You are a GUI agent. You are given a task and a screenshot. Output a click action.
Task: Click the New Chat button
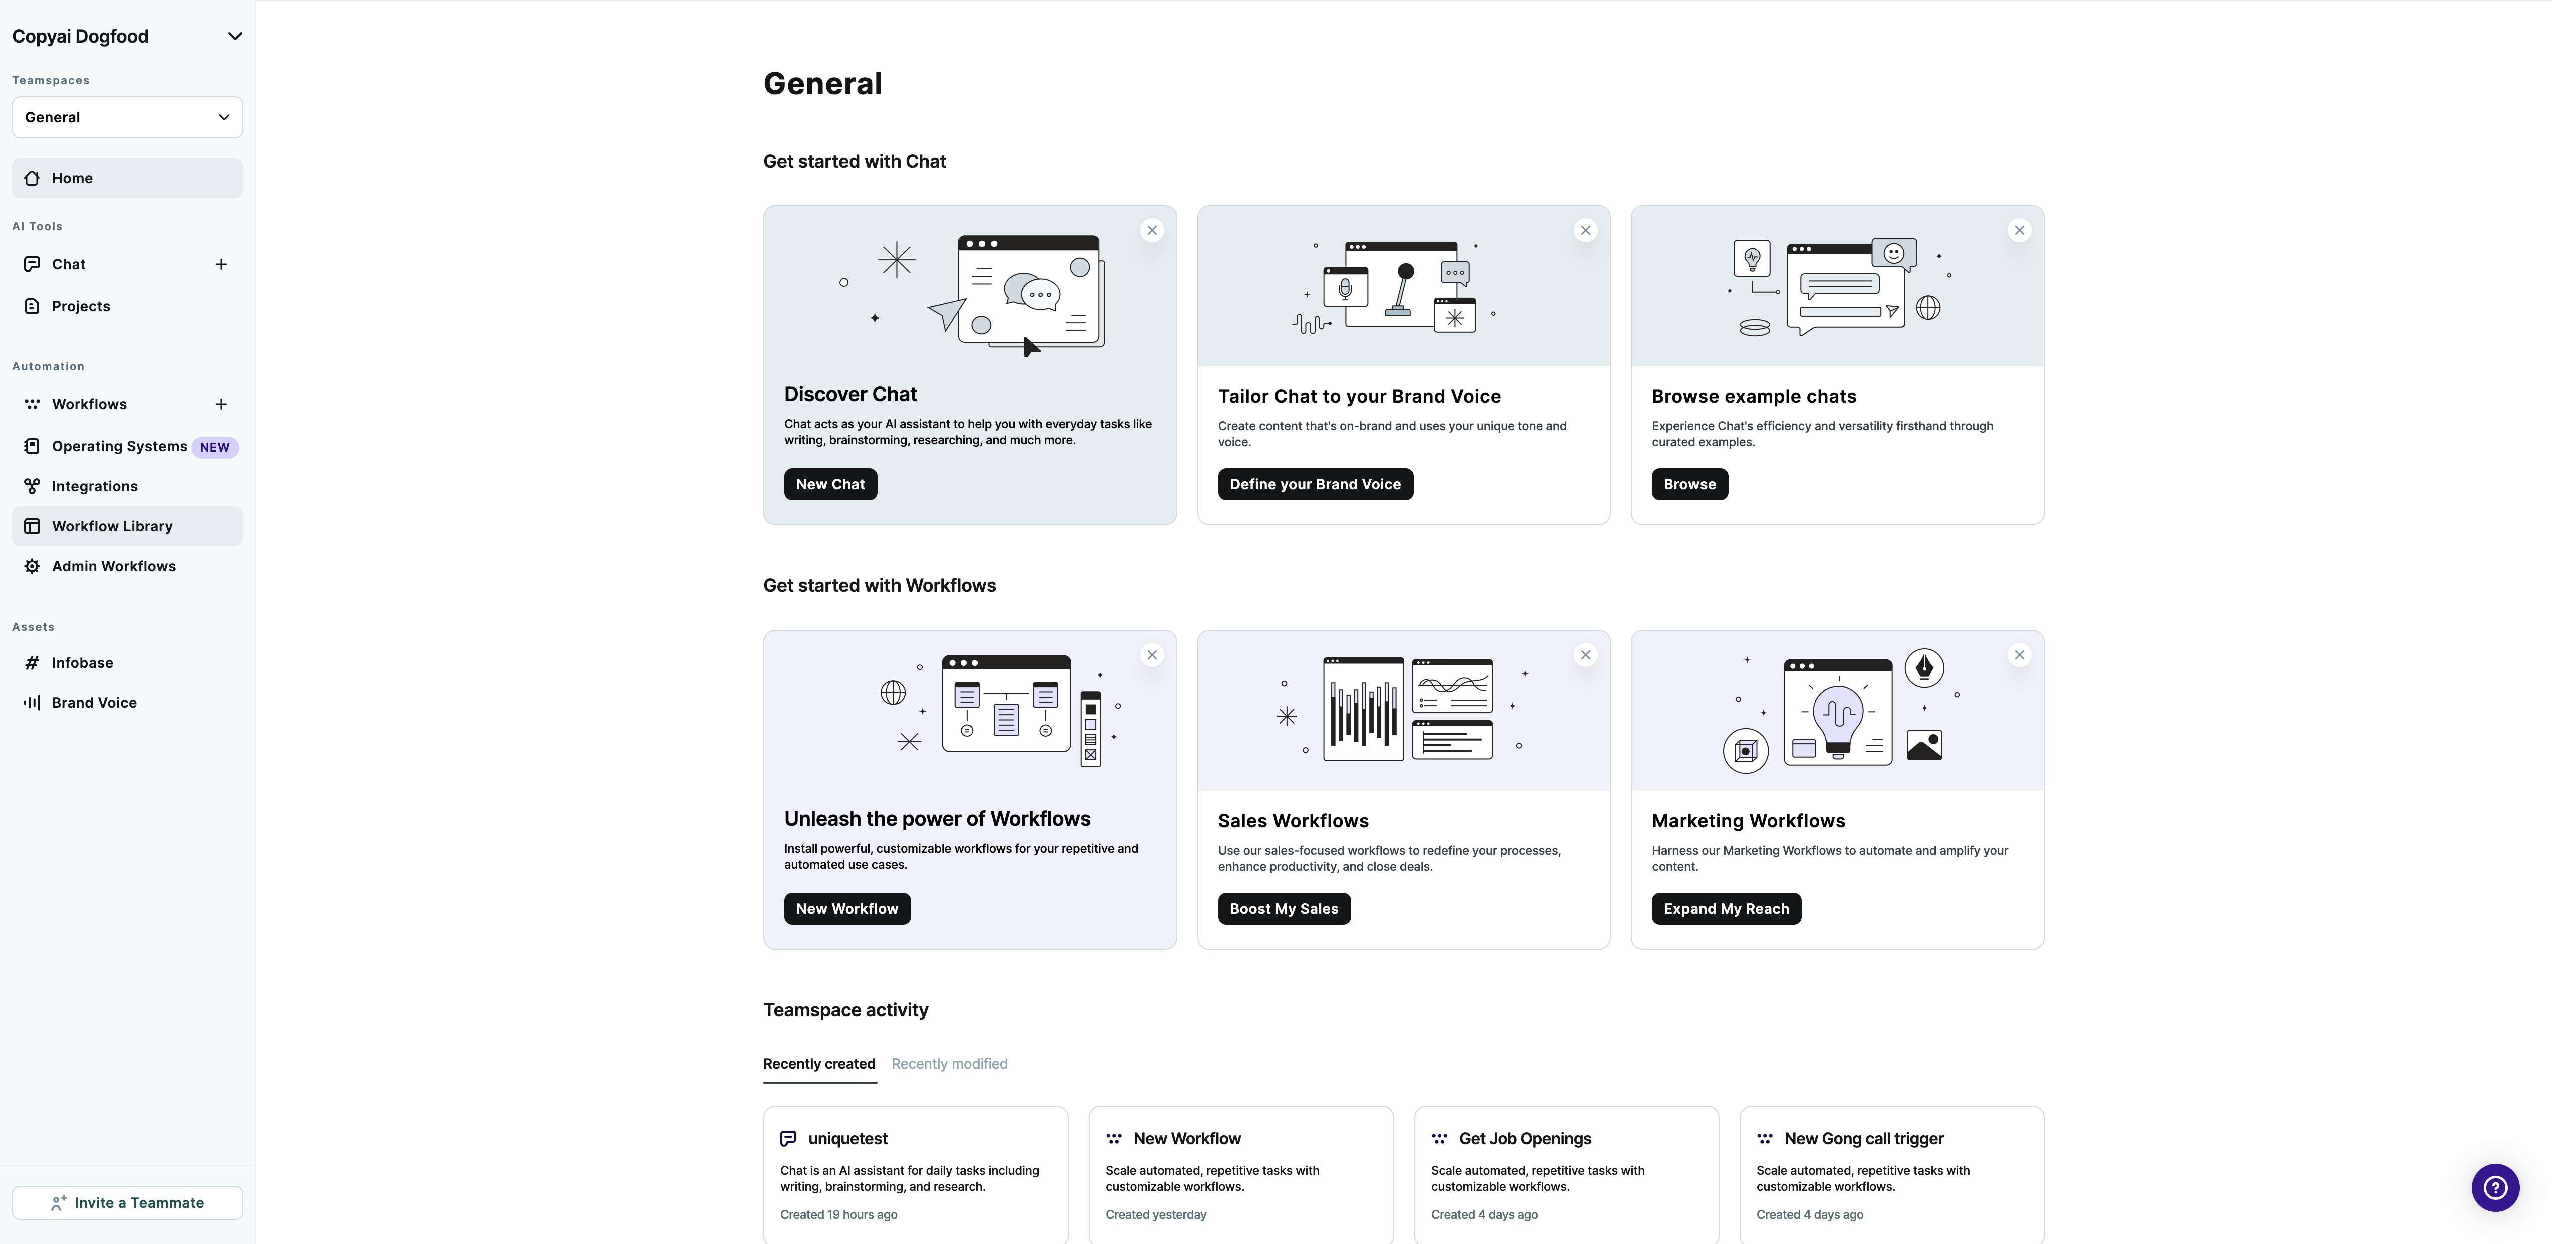[830, 484]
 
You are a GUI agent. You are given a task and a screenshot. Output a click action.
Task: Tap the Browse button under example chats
[1689, 484]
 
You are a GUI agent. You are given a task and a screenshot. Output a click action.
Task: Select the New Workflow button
[847, 908]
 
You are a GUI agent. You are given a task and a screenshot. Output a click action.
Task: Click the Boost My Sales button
[1283, 908]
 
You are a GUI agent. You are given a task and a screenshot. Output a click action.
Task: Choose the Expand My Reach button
[1726, 908]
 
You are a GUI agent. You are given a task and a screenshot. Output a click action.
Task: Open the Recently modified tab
[949, 1064]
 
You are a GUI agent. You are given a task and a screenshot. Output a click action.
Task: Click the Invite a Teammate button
[128, 1202]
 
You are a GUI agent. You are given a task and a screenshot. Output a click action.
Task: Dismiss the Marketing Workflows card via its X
[2019, 655]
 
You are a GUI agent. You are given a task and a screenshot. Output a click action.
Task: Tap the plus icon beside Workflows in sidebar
[221, 404]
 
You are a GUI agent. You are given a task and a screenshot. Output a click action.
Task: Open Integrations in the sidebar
[94, 486]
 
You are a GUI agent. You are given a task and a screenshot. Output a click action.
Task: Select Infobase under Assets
[82, 663]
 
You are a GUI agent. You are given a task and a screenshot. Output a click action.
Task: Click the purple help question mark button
[2494, 1187]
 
